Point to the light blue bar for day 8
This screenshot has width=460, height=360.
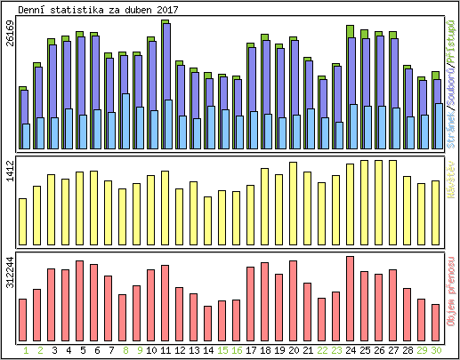[125, 121]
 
